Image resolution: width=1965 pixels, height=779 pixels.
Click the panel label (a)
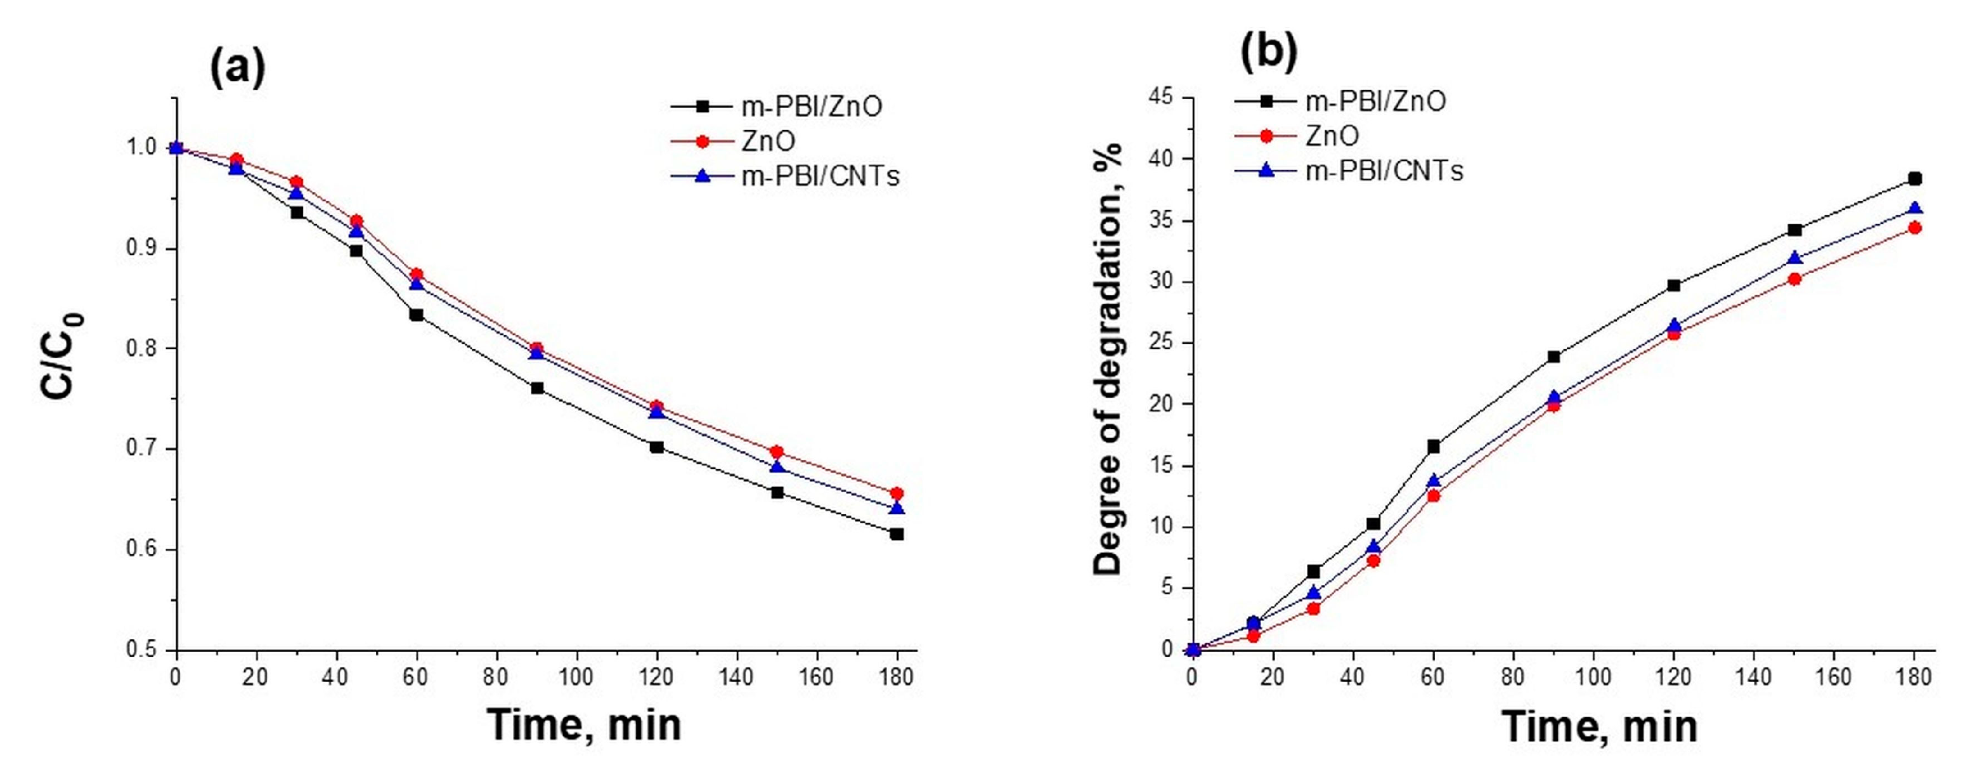[237, 67]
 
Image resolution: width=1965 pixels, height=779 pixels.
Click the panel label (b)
[1269, 51]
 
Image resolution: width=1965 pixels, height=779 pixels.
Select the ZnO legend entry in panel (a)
[767, 141]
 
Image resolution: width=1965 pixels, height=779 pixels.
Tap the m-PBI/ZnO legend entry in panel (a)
[811, 106]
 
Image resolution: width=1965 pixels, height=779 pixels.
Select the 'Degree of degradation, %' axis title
[1108, 358]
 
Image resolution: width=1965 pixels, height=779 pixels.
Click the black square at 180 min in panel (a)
[897, 534]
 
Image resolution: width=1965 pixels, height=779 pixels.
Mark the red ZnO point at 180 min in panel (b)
[1914, 227]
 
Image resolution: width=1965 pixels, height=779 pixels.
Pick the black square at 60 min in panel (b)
[1433, 447]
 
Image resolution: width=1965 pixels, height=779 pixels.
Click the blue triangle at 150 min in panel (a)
[777, 467]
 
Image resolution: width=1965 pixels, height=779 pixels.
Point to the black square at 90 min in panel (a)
[537, 388]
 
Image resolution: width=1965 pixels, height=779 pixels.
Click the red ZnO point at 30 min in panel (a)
[297, 182]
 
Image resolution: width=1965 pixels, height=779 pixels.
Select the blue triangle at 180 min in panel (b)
[1914, 208]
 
